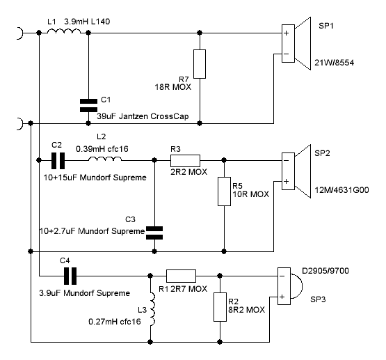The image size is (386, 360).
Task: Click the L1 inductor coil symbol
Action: [64, 31]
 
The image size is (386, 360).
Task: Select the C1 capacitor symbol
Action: [88, 105]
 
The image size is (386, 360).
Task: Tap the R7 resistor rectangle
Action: [200, 64]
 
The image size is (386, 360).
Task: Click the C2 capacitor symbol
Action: [58, 161]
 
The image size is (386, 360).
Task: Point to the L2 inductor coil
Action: [105, 159]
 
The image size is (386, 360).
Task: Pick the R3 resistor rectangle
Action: [186, 161]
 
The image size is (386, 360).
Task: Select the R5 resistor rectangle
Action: [224, 191]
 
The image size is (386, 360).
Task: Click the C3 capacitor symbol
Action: [154, 233]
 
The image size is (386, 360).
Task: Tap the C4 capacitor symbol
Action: [70, 276]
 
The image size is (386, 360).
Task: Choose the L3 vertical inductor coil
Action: [152, 309]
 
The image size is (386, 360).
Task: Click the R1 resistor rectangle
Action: [182, 276]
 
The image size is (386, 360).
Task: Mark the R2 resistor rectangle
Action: [220, 307]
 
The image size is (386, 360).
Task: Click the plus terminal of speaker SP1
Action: [286, 33]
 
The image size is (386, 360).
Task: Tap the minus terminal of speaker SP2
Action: [286, 161]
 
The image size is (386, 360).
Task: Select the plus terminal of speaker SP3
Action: [282, 297]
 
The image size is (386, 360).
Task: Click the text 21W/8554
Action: [335, 63]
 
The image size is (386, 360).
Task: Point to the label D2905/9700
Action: [325, 271]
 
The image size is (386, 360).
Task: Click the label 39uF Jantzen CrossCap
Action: [143, 116]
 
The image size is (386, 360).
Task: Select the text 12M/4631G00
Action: [341, 190]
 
